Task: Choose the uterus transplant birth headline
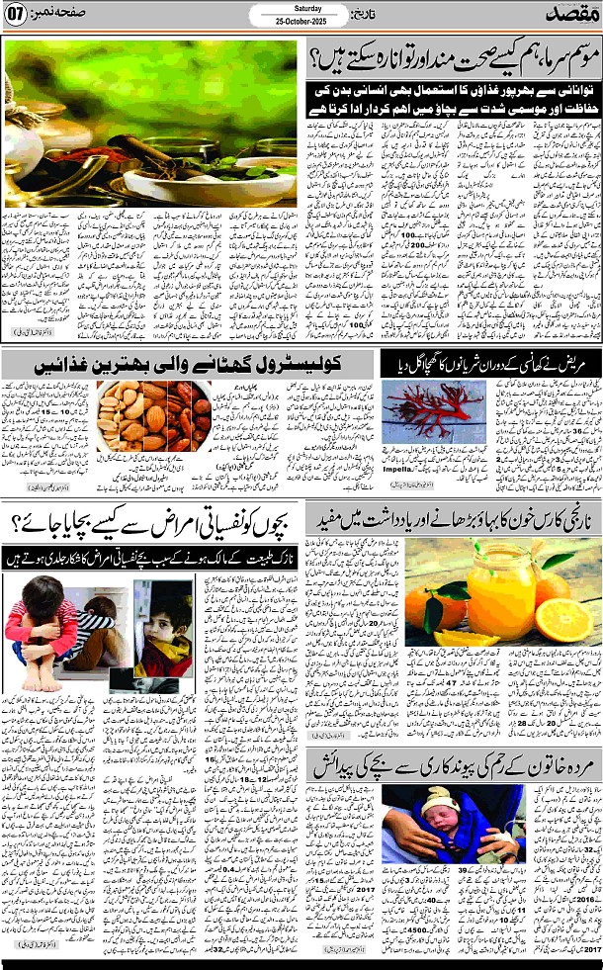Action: (x=455, y=762)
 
